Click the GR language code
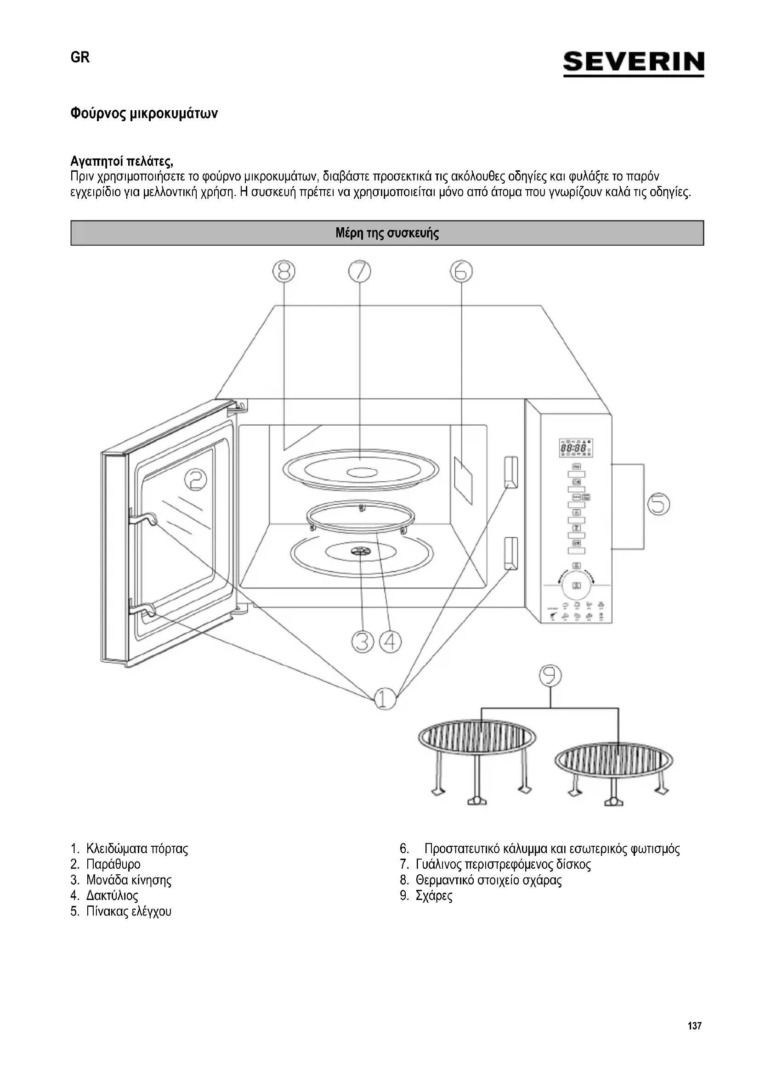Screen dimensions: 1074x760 pos(80,57)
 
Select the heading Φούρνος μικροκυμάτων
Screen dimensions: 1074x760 pos(144,114)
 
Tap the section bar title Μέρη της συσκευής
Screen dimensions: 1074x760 pos(387,233)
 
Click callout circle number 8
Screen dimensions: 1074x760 pos(284,271)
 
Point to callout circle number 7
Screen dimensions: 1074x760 pos(359,271)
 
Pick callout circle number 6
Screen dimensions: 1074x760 pos(461,271)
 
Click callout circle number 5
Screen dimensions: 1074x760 pos(658,504)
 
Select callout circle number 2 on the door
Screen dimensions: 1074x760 pos(196,480)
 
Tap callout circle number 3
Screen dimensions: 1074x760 pos(363,642)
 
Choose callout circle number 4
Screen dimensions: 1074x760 pos(390,642)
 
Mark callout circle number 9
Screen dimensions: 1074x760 pos(550,675)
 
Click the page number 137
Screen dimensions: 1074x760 pos(694,1026)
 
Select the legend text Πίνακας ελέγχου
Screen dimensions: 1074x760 pos(129,911)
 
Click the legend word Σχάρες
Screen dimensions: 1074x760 pos(434,896)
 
